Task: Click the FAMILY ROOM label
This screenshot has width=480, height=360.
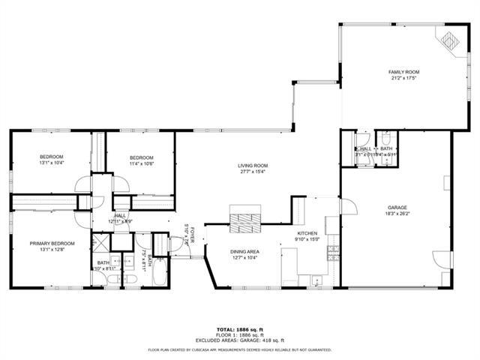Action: click(403, 72)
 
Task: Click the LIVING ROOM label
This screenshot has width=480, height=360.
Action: click(253, 166)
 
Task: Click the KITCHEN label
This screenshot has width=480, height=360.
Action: click(308, 234)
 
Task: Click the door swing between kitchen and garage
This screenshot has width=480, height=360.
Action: click(347, 206)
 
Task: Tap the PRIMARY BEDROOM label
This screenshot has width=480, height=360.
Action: click(52, 243)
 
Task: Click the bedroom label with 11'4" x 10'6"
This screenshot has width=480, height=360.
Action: click(141, 157)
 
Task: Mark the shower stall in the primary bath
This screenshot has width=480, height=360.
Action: click(100, 243)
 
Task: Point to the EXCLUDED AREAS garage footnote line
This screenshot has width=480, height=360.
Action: click(240, 340)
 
